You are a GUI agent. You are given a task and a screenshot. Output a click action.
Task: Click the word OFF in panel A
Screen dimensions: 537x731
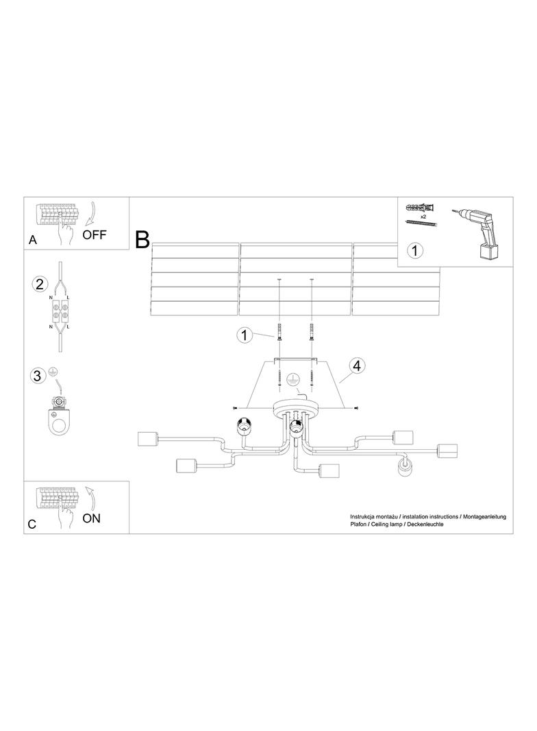[94, 235]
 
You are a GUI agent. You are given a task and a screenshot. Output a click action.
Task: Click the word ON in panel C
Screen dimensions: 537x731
[91, 518]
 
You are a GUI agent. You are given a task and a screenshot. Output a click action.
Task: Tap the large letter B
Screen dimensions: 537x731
[142, 239]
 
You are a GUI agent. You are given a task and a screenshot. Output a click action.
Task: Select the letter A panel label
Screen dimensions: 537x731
[33, 239]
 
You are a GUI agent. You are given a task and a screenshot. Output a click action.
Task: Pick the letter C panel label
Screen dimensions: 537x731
[32, 524]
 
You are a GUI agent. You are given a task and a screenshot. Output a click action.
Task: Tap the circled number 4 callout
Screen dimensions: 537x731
[357, 365]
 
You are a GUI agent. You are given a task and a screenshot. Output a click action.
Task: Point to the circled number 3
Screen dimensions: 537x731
[38, 375]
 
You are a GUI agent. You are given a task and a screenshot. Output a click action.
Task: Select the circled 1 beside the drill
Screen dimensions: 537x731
[414, 250]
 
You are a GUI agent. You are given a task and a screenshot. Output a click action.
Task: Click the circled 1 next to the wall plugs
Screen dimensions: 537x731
[245, 335]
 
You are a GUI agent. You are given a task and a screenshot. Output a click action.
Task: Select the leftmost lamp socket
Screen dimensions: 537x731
[148, 439]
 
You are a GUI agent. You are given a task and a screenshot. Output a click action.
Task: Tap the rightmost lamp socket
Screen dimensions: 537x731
[447, 452]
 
